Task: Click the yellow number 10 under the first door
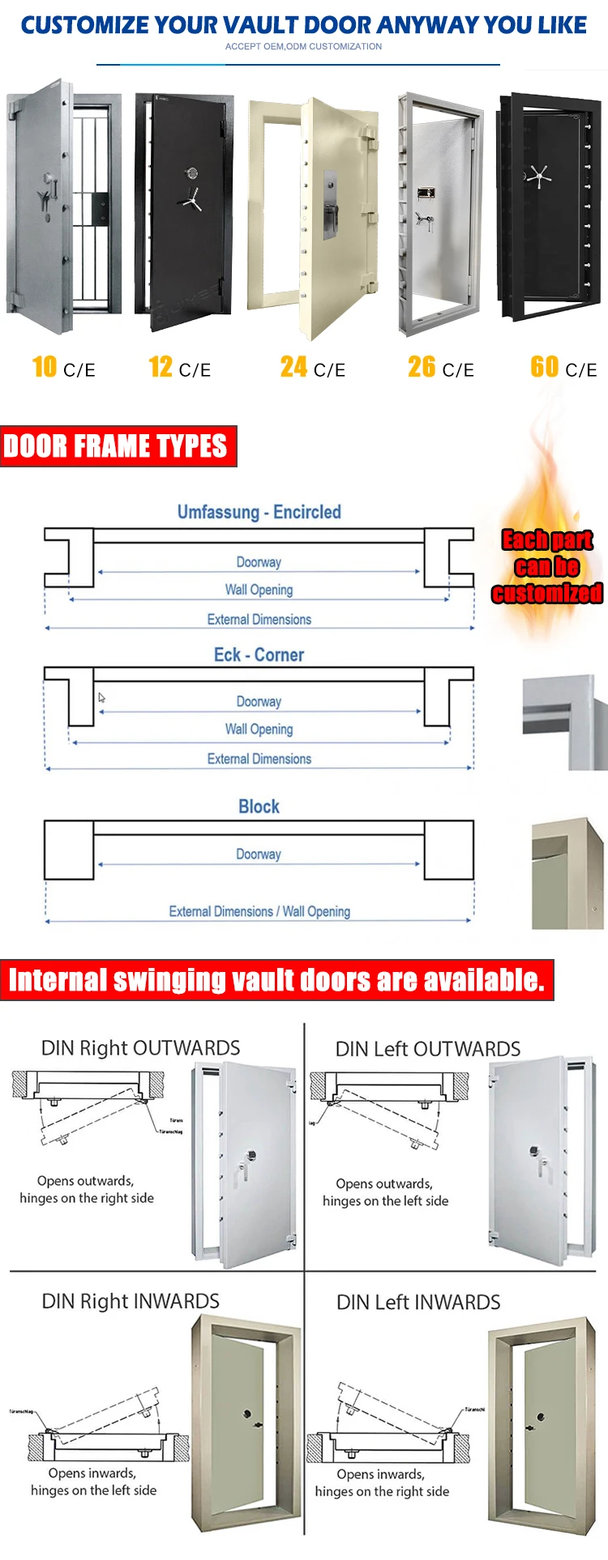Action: tap(45, 367)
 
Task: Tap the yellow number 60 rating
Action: tap(544, 367)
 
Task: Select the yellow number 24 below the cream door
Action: tap(293, 367)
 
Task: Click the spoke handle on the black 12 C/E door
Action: tap(192, 198)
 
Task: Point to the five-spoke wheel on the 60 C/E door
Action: tap(538, 176)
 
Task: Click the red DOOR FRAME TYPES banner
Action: tap(118, 446)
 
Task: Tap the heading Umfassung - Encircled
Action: tap(259, 512)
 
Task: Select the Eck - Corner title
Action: tap(259, 654)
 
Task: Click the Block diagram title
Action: tap(259, 807)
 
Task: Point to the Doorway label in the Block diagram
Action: tap(259, 854)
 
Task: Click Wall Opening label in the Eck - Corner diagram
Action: tap(259, 729)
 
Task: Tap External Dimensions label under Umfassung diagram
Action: tap(259, 620)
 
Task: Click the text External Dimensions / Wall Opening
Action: tap(259, 911)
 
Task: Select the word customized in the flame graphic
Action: tap(547, 594)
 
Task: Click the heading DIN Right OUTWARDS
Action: tap(140, 1048)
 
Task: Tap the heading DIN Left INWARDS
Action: tap(418, 1302)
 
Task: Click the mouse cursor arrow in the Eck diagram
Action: tap(102, 697)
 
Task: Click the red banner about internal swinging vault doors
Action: tap(276, 980)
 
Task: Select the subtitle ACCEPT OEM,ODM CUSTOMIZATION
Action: tap(303, 46)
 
